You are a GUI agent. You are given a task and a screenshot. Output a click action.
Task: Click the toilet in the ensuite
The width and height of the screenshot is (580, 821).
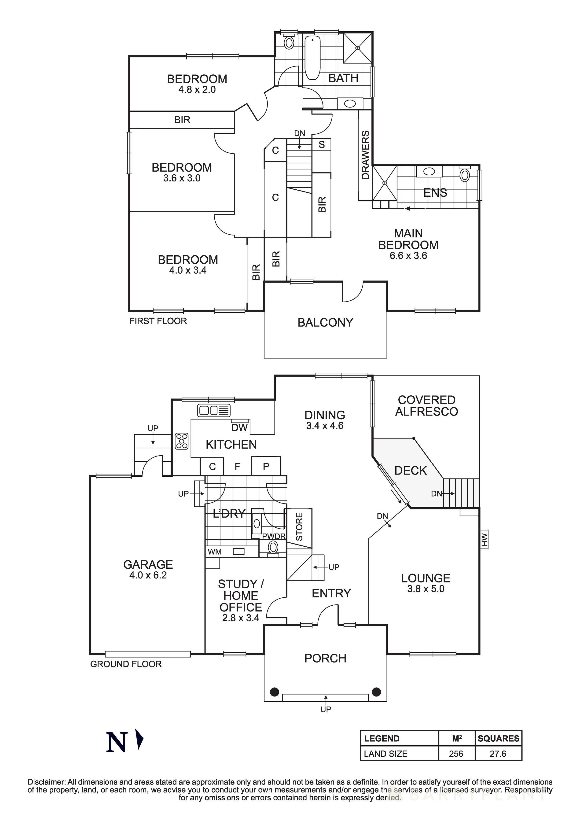465,175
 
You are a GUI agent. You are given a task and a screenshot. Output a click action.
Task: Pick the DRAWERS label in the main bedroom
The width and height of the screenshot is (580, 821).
365,155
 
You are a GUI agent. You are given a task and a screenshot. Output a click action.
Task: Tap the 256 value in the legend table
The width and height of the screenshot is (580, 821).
456,754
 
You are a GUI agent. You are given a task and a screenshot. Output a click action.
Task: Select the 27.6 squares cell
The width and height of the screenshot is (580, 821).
498,754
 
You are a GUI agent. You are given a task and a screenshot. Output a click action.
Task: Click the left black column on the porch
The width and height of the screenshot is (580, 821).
274,692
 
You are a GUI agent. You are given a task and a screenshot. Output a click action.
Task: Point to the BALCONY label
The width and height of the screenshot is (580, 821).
325,323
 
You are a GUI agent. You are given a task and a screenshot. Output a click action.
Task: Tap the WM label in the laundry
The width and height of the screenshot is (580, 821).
215,552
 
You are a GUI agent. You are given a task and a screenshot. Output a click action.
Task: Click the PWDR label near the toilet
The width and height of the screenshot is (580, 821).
274,536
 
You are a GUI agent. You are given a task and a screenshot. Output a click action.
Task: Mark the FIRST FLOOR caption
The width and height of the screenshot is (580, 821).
158,321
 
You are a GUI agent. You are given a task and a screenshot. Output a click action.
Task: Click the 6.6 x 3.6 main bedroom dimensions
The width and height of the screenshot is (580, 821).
408,256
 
